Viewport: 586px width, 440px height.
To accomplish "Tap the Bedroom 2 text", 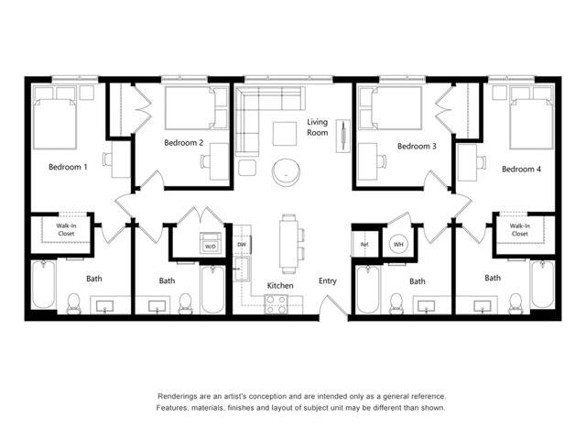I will [183, 143].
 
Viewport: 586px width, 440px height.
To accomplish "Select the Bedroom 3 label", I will [417, 147].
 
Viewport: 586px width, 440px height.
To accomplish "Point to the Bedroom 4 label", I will [521, 169].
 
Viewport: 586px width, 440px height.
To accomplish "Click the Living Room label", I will [317, 127].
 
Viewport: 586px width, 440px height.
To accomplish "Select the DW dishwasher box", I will [242, 245].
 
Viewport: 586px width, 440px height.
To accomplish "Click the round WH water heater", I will [399, 245].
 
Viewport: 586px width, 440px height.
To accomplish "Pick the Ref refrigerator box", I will [364, 245].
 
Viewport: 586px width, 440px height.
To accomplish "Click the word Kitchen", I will [279, 286].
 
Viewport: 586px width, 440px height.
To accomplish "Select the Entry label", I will [328, 281].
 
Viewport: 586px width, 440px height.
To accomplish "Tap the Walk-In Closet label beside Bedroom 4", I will [519, 229].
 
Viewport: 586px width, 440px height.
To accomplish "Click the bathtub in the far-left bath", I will [43, 287].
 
